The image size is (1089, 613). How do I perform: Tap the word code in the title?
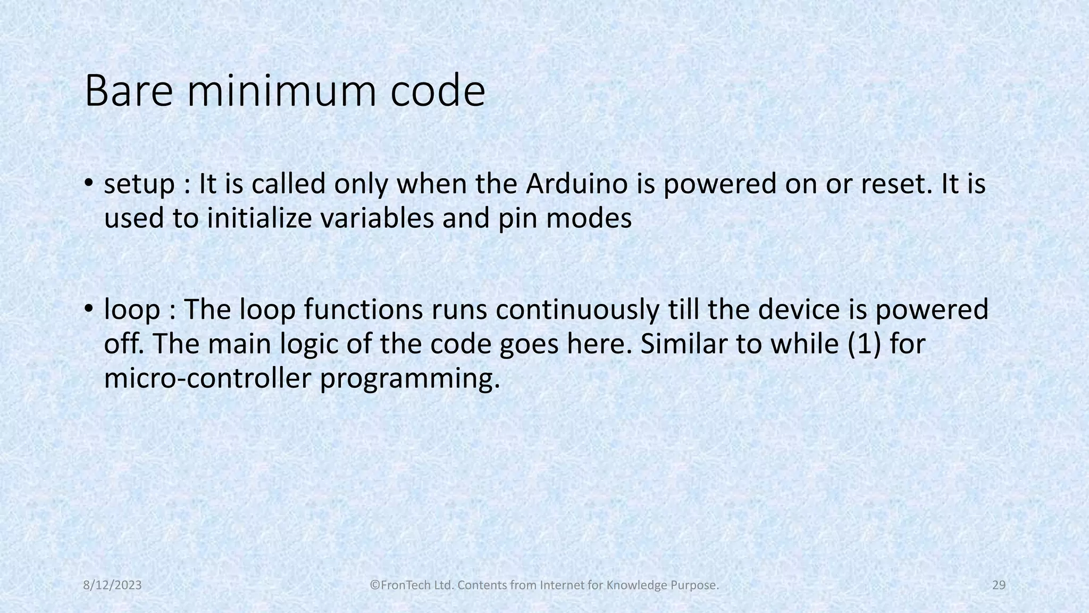coord(438,92)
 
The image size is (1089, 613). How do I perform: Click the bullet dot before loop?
coord(88,309)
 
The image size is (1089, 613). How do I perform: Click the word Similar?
coord(683,344)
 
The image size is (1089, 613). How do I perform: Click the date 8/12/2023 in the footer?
coord(113,585)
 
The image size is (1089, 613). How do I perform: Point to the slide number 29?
coord(999,585)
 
